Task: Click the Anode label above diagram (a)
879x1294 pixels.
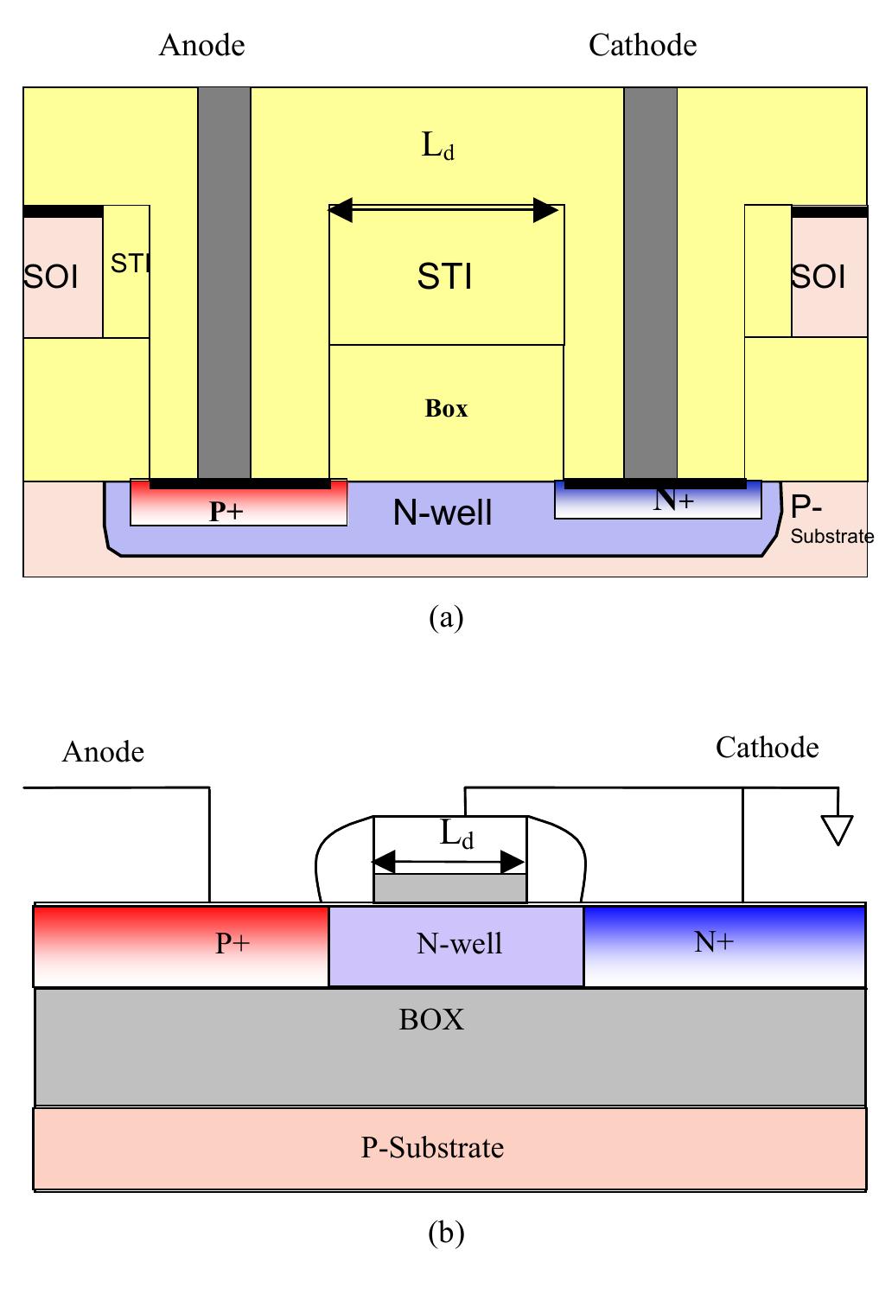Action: pos(201,45)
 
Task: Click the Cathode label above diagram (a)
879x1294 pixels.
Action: pos(642,45)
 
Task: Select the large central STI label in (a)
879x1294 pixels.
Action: pos(444,277)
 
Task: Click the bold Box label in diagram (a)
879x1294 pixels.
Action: pos(446,408)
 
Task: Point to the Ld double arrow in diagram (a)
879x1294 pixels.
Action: pos(443,209)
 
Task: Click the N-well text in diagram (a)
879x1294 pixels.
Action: pos(443,513)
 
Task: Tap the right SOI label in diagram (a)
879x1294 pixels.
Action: pos(818,277)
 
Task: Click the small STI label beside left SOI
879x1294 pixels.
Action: pos(131,264)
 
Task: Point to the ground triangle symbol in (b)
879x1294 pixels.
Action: pos(838,830)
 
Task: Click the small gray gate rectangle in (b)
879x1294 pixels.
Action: pos(449,889)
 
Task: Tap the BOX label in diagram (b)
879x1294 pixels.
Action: pos(431,1020)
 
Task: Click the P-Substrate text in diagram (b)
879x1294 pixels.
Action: pos(431,1148)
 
